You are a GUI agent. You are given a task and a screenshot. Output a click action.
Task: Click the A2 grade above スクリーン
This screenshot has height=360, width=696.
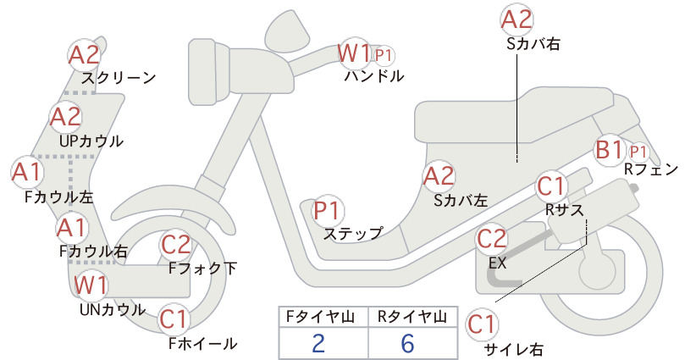85,55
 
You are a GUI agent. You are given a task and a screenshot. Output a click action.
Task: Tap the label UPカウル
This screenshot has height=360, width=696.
91,141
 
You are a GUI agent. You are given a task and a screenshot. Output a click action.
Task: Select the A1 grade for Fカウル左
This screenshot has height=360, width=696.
26,172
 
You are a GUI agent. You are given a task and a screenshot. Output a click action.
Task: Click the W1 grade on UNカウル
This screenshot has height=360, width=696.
91,285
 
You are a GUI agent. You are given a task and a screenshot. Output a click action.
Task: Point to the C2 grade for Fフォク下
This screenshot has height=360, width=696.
176,245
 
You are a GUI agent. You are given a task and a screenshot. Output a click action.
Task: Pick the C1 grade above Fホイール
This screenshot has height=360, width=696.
173,319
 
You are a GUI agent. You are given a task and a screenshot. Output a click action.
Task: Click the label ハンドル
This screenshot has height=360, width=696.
374,76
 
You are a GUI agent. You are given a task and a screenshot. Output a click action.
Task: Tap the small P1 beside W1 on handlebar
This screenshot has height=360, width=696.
383,56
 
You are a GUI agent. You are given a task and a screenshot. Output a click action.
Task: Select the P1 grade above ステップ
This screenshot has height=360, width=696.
327,210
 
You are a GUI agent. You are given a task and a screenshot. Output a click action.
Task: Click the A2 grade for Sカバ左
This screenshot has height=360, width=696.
439,176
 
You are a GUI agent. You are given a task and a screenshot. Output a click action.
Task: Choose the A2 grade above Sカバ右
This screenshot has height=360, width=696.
516,20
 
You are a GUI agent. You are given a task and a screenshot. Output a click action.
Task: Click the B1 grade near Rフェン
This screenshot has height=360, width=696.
609,150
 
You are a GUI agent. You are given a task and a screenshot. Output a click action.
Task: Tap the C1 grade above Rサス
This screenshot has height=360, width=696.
550,186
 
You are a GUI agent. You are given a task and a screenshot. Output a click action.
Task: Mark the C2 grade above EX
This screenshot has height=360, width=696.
491,239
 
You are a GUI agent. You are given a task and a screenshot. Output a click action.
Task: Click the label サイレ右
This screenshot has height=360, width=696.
513,350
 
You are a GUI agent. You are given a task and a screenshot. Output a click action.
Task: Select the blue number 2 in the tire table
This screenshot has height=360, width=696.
318,343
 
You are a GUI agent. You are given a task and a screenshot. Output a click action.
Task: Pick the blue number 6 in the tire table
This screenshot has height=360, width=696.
407,343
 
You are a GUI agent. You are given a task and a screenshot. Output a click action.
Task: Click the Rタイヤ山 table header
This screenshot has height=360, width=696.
412,317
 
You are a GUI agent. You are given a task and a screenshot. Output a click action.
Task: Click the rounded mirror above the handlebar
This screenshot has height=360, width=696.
288,27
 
